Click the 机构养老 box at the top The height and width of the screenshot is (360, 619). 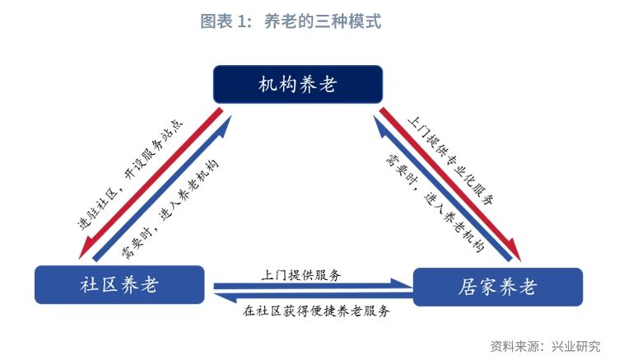pyautogui.click(x=298, y=83)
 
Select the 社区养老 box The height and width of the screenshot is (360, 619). pyautogui.click(x=119, y=285)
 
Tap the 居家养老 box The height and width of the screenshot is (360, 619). pyautogui.click(x=496, y=288)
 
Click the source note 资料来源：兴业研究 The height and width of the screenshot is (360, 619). pyautogui.click(x=545, y=345)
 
